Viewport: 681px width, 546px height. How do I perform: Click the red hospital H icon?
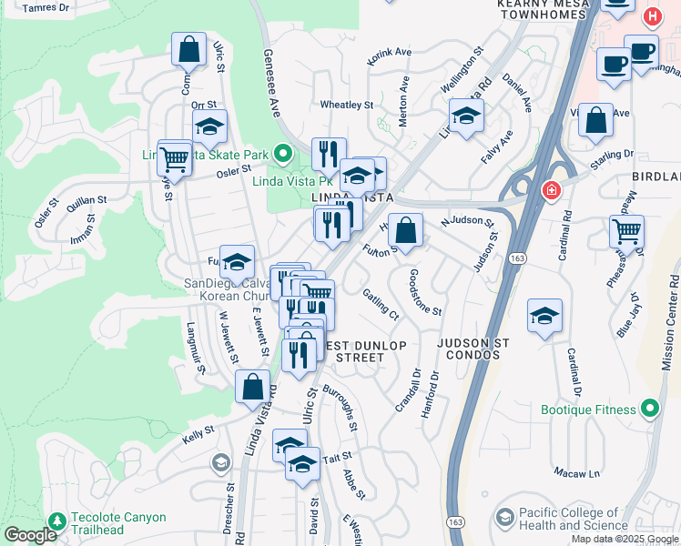point(652,17)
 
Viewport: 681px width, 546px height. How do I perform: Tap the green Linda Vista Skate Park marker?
point(282,154)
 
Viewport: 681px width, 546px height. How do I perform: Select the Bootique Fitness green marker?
point(649,409)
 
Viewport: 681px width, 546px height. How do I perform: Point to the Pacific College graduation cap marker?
point(503,518)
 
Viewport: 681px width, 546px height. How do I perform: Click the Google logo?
point(30,535)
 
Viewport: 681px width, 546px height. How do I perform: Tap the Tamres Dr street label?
point(46,7)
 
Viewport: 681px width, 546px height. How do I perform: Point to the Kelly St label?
point(198,434)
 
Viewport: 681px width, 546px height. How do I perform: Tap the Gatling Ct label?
point(381,303)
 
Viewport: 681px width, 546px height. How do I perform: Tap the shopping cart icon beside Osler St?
point(174,159)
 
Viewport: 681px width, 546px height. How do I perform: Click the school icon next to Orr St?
point(209,127)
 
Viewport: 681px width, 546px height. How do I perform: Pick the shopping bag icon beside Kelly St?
point(252,386)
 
